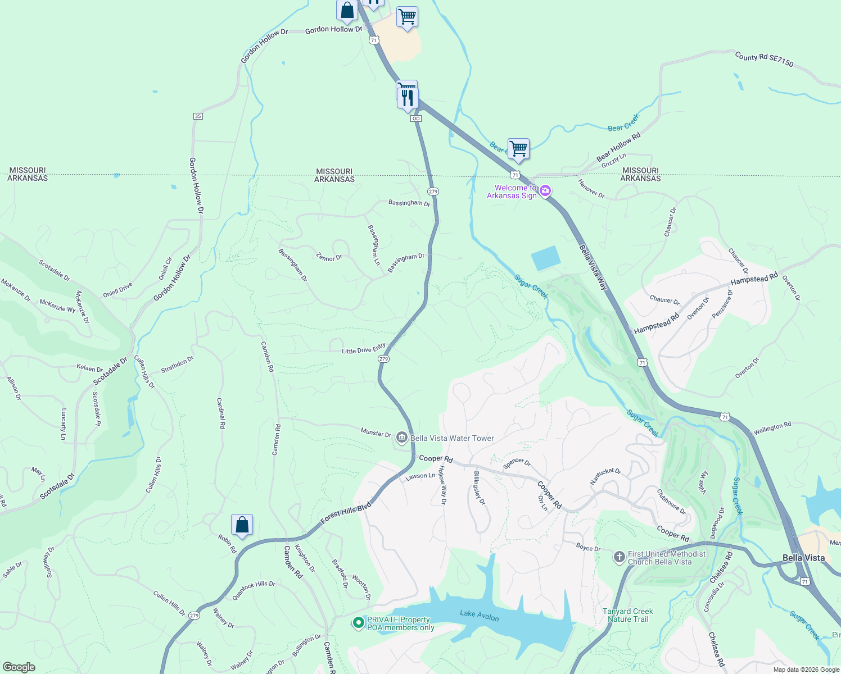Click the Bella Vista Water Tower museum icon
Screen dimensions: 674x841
tap(401, 438)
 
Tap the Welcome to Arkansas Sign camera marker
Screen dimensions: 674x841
tap(545, 192)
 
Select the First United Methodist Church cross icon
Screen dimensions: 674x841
tap(619, 557)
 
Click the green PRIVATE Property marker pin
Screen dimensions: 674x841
tap(358, 623)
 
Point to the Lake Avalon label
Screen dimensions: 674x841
tap(479, 616)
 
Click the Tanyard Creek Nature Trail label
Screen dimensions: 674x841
tap(627, 615)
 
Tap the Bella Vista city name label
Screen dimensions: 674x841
tap(803, 558)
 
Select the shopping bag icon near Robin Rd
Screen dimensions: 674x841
tap(242, 525)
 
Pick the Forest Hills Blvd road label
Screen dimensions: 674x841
tap(346, 513)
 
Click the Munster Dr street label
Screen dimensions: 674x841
tap(376, 433)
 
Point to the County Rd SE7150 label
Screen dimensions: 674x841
tap(764, 60)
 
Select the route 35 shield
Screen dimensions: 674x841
tap(197, 116)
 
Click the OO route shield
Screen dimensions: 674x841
tap(416, 119)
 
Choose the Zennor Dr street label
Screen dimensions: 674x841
tap(329, 258)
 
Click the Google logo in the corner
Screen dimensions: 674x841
tap(19, 667)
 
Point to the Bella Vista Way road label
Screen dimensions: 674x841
tap(593, 267)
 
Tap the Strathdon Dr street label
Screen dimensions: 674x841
tap(177, 365)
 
